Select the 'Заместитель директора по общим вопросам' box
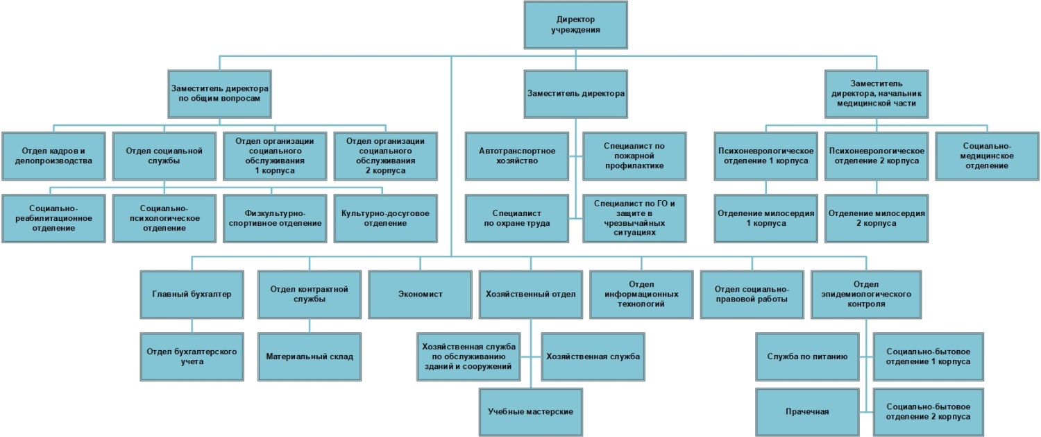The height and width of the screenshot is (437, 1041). (x=219, y=93)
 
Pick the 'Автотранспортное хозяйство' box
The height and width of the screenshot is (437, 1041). (x=516, y=156)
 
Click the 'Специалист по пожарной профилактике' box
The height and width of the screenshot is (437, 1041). (x=634, y=156)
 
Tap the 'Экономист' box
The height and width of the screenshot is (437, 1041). (x=420, y=294)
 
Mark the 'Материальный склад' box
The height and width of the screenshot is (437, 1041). (x=310, y=356)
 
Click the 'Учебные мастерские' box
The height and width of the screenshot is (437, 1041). (x=531, y=411)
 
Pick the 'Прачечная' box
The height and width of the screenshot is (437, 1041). (x=806, y=411)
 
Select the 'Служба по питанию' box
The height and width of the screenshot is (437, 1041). (x=806, y=356)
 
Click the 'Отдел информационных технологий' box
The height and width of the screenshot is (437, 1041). (x=641, y=294)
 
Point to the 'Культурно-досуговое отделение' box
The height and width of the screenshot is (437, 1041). (x=384, y=217)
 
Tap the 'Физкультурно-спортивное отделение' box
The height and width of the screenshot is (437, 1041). (x=274, y=217)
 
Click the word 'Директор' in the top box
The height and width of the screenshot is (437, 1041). (x=575, y=19)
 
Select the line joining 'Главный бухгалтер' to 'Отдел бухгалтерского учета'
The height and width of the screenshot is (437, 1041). (x=192, y=325)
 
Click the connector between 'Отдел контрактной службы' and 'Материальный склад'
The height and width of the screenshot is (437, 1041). (x=310, y=325)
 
